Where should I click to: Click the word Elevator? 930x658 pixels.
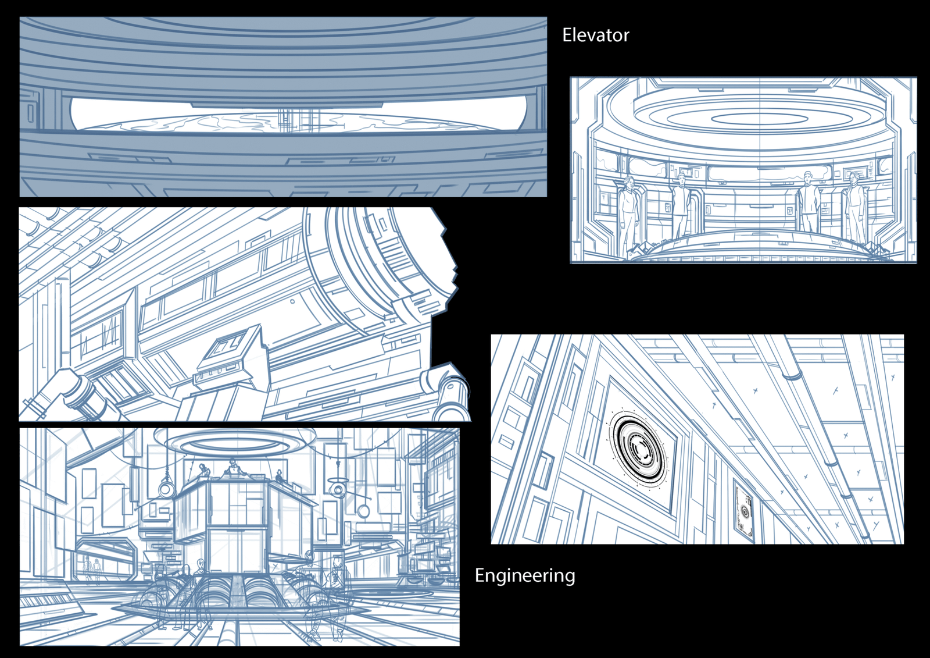click(x=595, y=35)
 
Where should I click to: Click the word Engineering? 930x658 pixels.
click(x=525, y=576)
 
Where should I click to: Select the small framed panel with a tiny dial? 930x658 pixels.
click(x=745, y=510)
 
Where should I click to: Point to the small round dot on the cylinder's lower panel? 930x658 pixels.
click(x=292, y=301)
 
